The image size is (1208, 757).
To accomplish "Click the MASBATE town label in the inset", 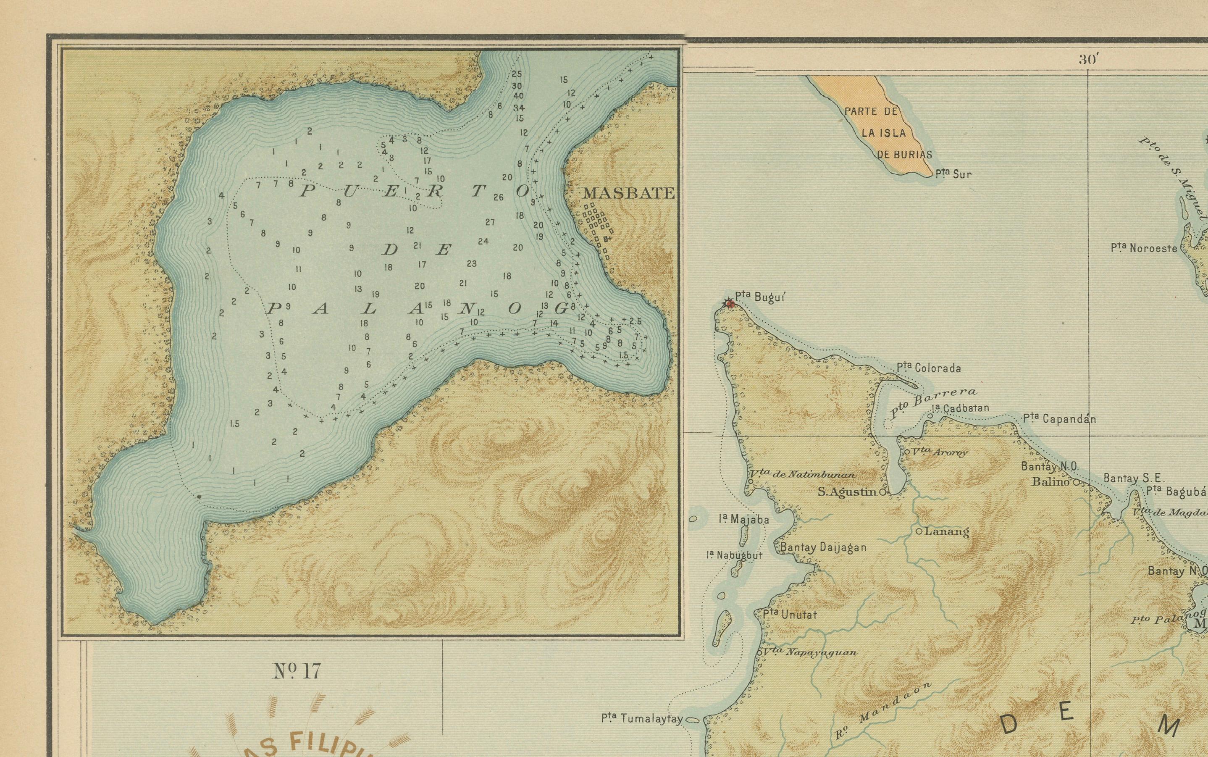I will pyautogui.click(x=629, y=193).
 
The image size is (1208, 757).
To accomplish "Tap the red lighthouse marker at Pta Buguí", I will pyautogui.click(x=730, y=303).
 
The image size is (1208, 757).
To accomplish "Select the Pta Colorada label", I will pyautogui.click(x=929, y=368).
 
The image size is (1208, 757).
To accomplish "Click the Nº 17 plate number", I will pyautogui.click(x=296, y=671).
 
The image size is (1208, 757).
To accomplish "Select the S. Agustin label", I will pyautogui.click(x=847, y=492).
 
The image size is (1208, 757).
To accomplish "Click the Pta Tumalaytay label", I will pyautogui.click(x=642, y=719).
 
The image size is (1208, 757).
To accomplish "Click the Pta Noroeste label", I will pyautogui.click(x=1144, y=248).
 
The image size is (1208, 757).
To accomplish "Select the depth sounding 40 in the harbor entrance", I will pyautogui.click(x=518, y=96).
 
